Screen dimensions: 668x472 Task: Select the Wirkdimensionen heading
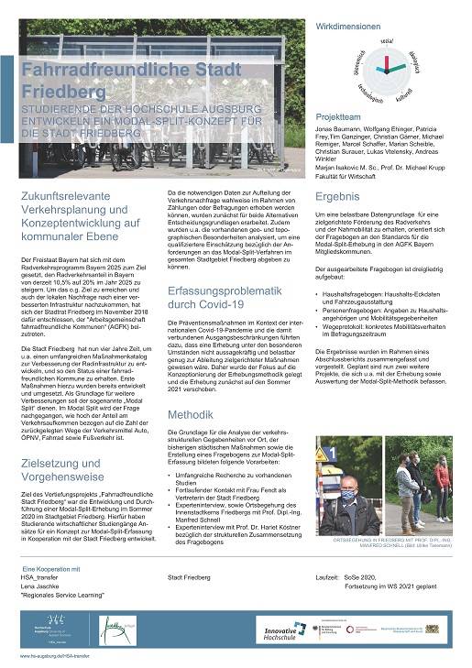pos(347,27)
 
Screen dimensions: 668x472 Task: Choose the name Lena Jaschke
pos(39,586)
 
